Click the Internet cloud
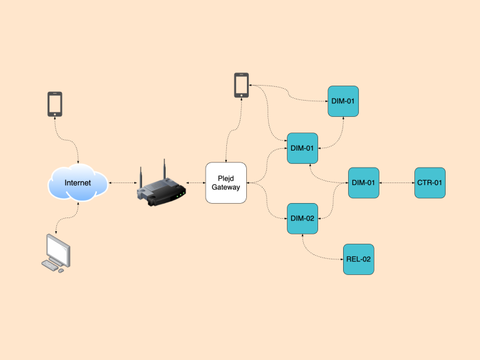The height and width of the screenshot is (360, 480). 77,182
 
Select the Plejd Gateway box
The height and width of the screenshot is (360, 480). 226,182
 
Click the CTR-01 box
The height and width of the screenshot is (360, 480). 430,182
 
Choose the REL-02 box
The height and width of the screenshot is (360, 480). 359,259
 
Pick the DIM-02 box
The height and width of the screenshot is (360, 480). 302,219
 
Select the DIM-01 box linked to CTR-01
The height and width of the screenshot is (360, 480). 363,182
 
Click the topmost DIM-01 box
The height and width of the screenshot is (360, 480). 343,101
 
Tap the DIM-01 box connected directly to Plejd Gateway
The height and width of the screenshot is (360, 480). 302,148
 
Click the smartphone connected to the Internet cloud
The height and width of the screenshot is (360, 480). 55,104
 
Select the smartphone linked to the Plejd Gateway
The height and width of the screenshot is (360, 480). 241,85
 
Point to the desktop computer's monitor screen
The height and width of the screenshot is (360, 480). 59,249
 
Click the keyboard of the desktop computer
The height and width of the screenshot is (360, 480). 50,266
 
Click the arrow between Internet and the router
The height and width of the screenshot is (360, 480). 122,182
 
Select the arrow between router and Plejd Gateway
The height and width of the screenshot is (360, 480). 194,182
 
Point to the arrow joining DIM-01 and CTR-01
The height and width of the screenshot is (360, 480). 396,182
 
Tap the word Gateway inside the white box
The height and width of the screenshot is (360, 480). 226,187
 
